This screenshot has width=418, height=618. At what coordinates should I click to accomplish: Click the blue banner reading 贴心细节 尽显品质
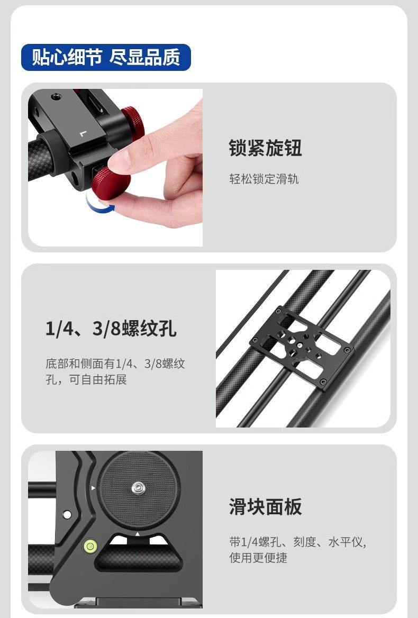(106, 58)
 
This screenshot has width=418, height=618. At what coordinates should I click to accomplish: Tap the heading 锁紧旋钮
(265, 148)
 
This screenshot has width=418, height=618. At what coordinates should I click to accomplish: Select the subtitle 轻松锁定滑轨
(264, 179)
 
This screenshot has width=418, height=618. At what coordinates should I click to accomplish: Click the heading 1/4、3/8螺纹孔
(111, 328)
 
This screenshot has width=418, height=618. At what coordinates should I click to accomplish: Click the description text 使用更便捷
(258, 558)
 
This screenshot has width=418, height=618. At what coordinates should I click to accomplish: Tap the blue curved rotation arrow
(100, 205)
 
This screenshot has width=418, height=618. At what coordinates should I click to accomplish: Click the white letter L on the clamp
(83, 134)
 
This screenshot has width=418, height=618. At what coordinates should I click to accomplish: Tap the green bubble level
(90, 546)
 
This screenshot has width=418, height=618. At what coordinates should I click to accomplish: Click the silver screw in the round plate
(138, 488)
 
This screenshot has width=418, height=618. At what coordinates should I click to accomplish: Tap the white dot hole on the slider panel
(67, 514)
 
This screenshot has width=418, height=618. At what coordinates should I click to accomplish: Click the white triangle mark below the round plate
(138, 534)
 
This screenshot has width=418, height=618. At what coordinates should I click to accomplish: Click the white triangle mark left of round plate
(93, 488)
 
